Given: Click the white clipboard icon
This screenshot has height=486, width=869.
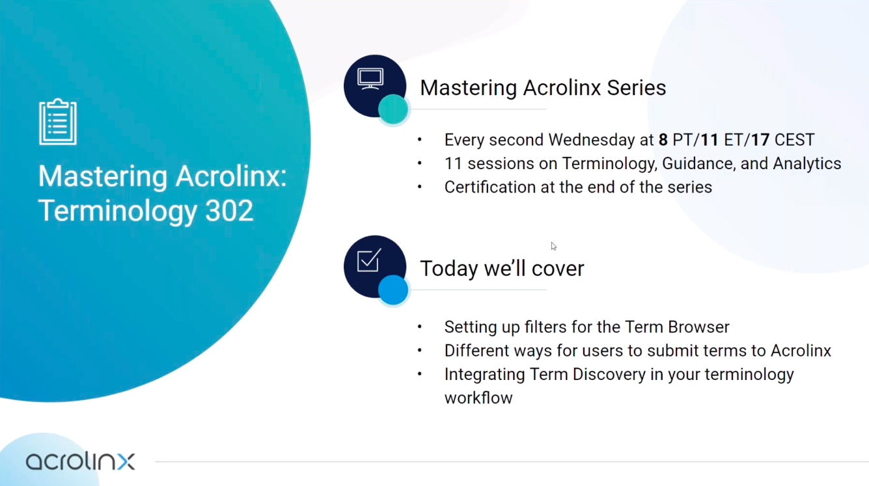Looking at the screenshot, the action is (x=58, y=122).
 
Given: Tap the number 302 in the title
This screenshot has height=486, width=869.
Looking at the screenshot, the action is (x=229, y=211).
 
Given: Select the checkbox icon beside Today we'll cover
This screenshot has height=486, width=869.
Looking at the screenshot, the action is (x=369, y=260).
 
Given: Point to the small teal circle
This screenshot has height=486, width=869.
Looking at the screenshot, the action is (x=393, y=109).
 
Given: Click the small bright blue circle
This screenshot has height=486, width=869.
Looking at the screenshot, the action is (x=393, y=290).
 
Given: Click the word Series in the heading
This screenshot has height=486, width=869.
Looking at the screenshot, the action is (x=636, y=88).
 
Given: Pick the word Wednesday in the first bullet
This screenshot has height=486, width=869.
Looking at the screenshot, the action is (x=601, y=140).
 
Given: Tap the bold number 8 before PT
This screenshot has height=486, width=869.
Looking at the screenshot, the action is (x=663, y=140).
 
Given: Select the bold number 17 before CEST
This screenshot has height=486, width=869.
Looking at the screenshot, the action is (x=760, y=140).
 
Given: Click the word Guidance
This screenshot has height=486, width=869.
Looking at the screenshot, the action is (x=698, y=164).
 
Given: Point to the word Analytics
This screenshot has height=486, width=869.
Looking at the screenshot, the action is (x=807, y=164).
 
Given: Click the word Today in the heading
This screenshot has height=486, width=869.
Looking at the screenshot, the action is (x=449, y=269).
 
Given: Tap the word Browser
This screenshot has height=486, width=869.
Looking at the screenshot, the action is (x=698, y=327).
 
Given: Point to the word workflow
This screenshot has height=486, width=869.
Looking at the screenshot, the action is (x=478, y=398).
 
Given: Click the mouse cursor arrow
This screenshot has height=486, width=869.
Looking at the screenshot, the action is (x=553, y=247).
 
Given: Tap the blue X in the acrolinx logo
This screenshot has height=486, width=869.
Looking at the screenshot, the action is (x=126, y=461).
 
